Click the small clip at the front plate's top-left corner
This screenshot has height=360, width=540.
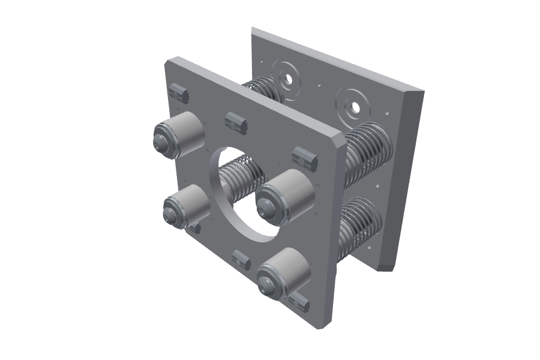179,94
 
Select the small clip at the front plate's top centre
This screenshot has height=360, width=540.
236,122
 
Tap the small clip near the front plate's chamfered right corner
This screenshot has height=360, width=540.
305,158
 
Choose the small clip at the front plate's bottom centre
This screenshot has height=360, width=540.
241,260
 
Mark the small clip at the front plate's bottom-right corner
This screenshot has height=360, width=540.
299,303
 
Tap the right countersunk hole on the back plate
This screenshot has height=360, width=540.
355,107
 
